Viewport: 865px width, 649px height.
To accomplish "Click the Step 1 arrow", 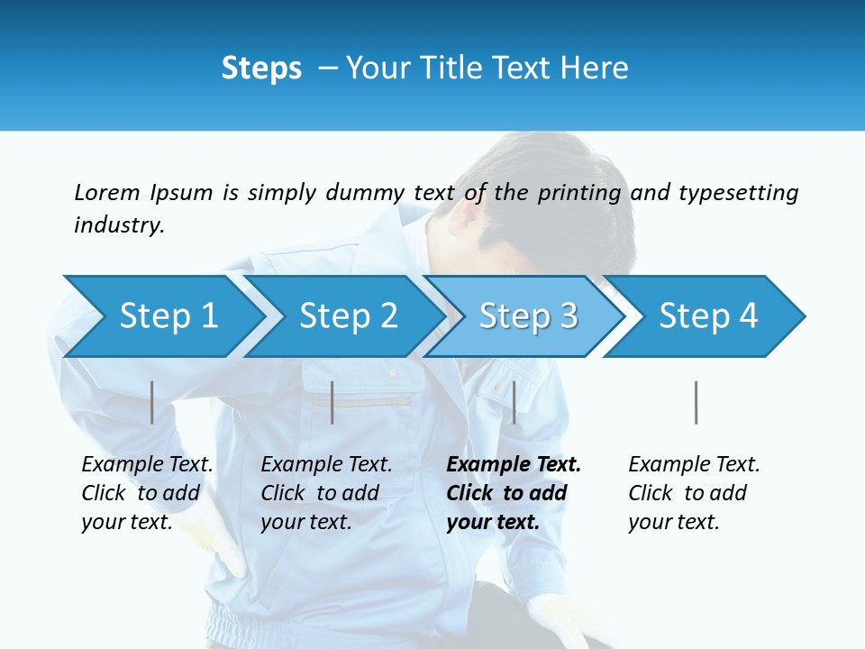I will click(x=168, y=316).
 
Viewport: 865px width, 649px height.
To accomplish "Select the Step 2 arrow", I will click(x=348, y=316).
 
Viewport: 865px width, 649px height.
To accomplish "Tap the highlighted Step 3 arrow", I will click(x=528, y=316).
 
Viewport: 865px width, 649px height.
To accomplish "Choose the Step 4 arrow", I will click(x=708, y=316).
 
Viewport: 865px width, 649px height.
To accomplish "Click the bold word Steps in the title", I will click(x=261, y=69).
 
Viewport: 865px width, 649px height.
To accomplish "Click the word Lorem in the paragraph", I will click(x=106, y=192).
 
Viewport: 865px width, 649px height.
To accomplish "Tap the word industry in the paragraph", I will click(x=119, y=224).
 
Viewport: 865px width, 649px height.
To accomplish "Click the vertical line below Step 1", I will click(x=152, y=402).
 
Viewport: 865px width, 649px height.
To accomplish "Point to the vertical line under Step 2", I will click(x=332, y=402).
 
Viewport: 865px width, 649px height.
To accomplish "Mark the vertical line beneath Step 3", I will click(x=514, y=402).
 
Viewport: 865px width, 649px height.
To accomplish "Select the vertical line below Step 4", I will click(x=696, y=402).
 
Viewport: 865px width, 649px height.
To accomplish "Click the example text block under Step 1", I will click(x=147, y=493).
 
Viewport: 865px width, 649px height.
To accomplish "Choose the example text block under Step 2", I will click(x=326, y=493).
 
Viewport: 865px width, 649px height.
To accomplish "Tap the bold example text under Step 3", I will click(x=514, y=493).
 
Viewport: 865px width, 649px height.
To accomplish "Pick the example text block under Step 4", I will click(x=694, y=493).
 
